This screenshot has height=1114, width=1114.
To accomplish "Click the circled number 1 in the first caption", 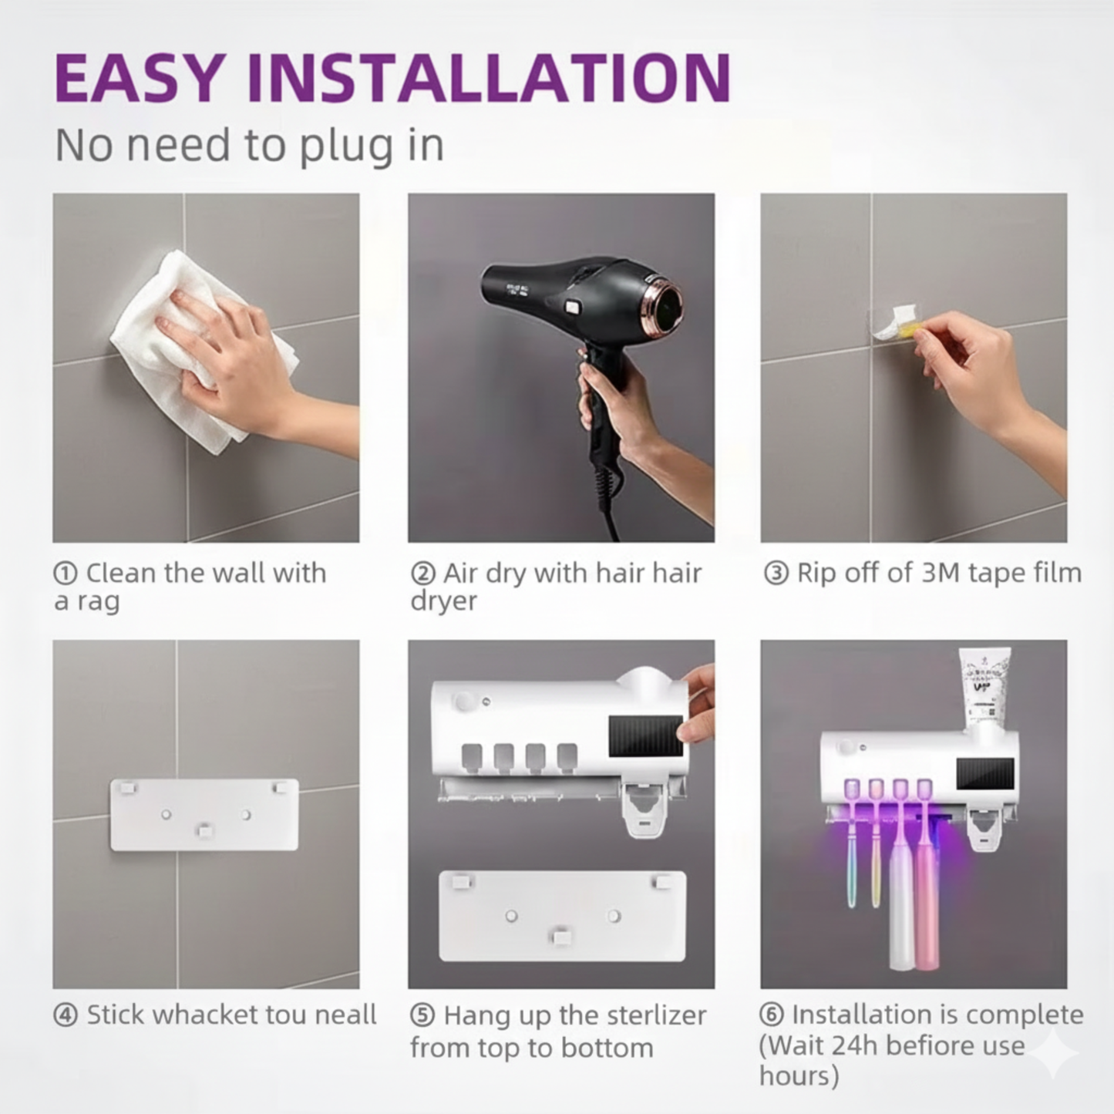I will (66, 574).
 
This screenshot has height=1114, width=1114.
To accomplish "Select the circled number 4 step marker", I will (66, 1015).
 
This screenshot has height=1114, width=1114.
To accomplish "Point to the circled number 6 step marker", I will (772, 1015).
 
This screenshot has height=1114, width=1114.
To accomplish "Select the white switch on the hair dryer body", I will (572, 306).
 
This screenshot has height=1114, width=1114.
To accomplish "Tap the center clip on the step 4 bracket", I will (204, 830).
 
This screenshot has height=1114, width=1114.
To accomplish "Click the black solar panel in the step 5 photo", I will (645, 737).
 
